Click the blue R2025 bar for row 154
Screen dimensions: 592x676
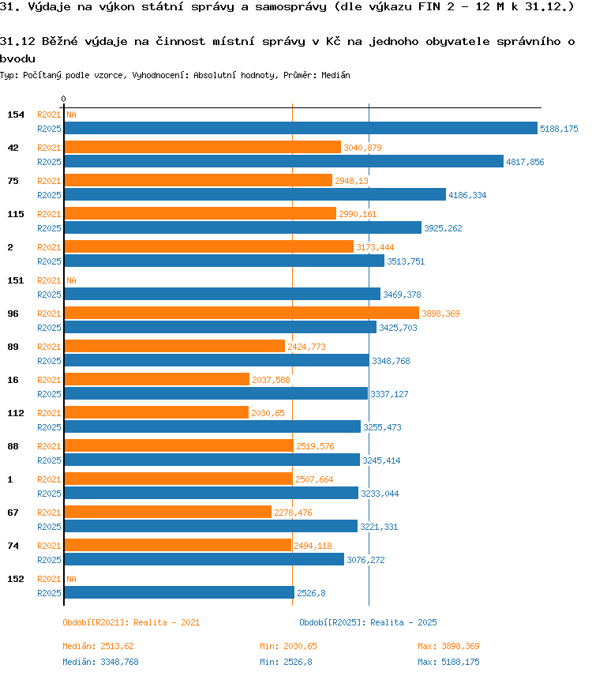[301, 128]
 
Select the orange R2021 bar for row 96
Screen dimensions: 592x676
[242, 313]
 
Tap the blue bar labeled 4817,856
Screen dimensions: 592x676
[284, 161]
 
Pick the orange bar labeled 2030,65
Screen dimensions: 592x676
[156, 412]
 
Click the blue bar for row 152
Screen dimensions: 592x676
[179, 592]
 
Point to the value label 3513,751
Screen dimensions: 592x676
[406, 261]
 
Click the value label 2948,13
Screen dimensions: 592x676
[351, 181]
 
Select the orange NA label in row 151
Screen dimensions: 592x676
[71, 280]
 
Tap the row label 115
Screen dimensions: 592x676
[16, 214]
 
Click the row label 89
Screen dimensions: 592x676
[13, 347]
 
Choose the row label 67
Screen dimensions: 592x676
[13, 513]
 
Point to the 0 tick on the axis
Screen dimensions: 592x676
[63, 100]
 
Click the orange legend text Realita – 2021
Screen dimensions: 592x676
[167, 622]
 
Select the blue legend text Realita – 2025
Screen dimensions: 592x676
[403, 622]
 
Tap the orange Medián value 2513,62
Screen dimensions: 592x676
[117, 646]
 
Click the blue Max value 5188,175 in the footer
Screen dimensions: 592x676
[460, 662]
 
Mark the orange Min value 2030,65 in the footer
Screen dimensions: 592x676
[300, 646]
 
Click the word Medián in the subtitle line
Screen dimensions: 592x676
[335, 75]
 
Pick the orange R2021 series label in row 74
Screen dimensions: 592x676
[49, 546]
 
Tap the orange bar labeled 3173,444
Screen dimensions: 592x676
[209, 246]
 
